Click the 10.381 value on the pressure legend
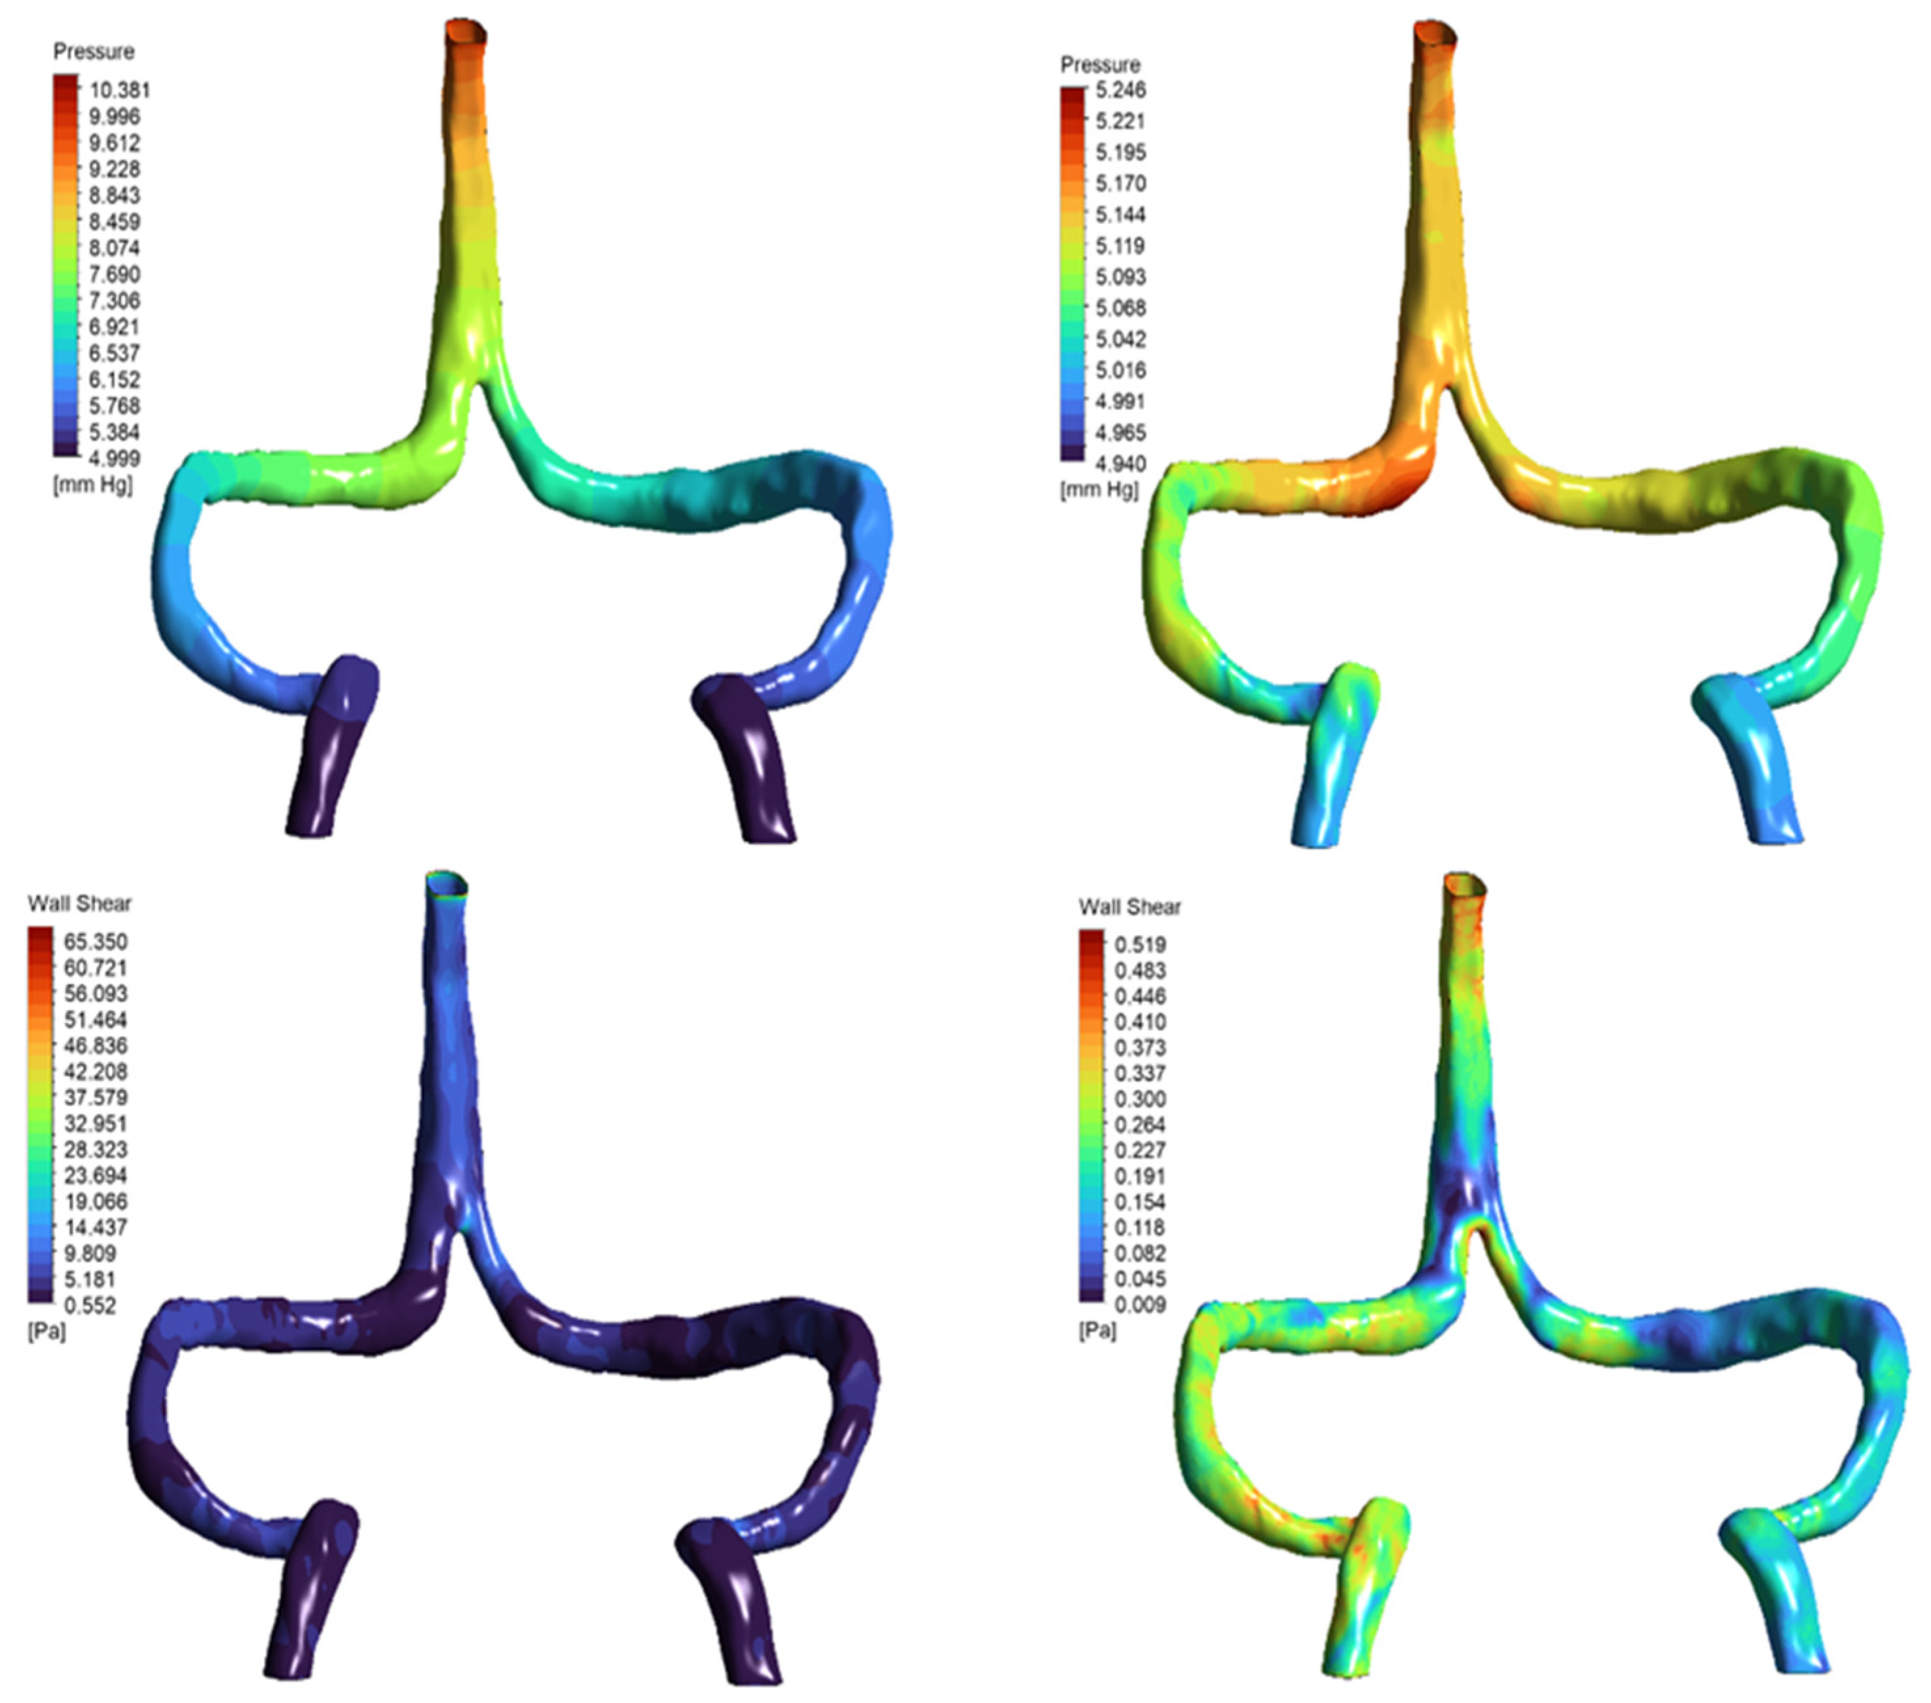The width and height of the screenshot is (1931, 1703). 120,91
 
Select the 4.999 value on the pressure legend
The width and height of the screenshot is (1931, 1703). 115,458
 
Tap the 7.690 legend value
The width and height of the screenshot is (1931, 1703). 115,274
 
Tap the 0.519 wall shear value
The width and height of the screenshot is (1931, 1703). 1140,944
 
